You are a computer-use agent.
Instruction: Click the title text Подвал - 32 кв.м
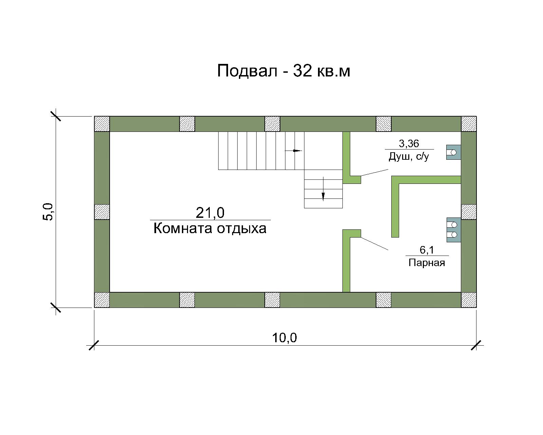[x=283, y=71]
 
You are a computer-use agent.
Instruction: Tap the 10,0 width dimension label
[x=284, y=338]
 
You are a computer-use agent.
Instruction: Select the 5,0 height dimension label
[x=48, y=212]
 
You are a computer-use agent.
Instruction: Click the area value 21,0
[x=210, y=212]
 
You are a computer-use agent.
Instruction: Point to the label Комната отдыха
[x=210, y=228]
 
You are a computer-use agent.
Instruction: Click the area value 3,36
[x=409, y=143]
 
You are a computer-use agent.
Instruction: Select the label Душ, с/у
[x=409, y=157]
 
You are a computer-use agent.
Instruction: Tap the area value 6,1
[x=427, y=250]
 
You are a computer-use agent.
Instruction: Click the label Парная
[x=427, y=263]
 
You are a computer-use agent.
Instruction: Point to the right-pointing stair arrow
[x=294, y=151]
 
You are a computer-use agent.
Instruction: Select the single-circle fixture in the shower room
[x=453, y=152]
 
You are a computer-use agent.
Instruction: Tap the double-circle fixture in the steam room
[x=454, y=230]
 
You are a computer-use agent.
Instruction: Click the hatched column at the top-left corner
[x=102, y=124]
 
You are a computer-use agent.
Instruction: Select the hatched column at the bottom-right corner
[x=469, y=300]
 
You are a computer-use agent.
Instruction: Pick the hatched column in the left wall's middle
[x=102, y=212]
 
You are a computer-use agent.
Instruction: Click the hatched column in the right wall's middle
[x=469, y=212]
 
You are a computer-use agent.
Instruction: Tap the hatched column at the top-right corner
[x=469, y=124]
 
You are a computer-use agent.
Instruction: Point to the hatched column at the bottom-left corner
[x=102, y=300]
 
